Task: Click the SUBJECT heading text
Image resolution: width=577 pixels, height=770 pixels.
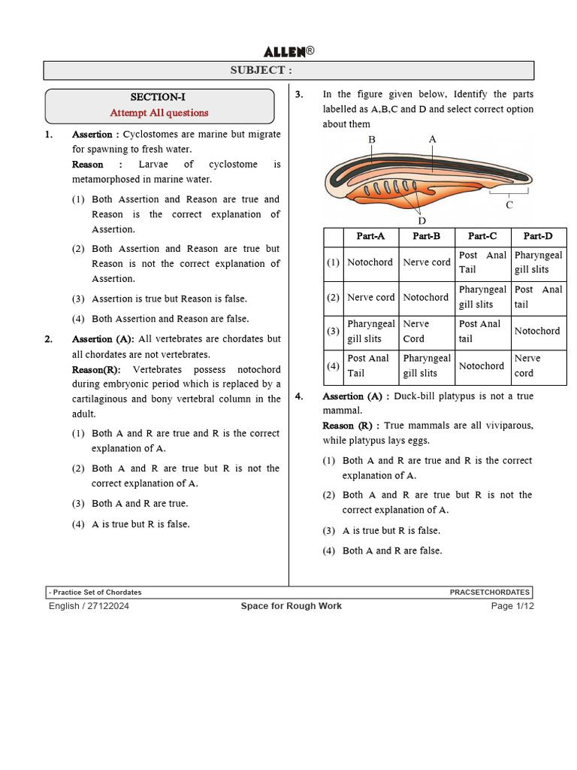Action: [x=258, y=71]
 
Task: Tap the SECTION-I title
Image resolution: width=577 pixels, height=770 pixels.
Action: [x=158, y=98]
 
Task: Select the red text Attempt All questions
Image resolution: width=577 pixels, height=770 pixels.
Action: [x=159, y=113]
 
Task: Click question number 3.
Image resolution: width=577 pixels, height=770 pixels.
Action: [x=298, y=95]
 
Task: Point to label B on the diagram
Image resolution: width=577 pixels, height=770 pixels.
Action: [x=371, y=140]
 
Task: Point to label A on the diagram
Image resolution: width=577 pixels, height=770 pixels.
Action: [x=432, y=139]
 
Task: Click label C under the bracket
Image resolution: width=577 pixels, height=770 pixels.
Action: [x=509, y=205]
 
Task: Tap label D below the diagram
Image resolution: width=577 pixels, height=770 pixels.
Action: [x=421, y=220]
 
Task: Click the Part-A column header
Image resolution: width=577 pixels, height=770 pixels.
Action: [x=371, y=236]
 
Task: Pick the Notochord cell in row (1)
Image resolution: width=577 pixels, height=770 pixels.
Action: [x=370, y=262]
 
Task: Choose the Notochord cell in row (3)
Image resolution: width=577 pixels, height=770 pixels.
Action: [x=537, y=331]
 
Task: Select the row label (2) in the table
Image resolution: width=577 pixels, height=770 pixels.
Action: [x=333, y=297]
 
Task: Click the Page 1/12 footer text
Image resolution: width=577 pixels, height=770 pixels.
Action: [x=512, y=606]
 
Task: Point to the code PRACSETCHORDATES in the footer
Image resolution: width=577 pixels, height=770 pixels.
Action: [x=490, y=593]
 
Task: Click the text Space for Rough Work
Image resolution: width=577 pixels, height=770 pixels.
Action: [x=291, y=606]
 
